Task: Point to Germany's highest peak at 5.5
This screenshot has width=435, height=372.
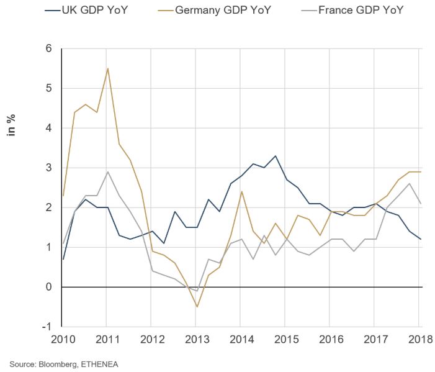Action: click(108, 68)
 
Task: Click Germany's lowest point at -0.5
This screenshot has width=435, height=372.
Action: click(197, 307)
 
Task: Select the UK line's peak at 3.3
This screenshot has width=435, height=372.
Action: click(275, 156)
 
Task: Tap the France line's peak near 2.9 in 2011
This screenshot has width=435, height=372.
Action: click(108, 171)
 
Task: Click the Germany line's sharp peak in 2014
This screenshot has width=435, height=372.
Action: click(241, 191)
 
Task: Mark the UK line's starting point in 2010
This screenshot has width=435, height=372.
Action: click(63, 259)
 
